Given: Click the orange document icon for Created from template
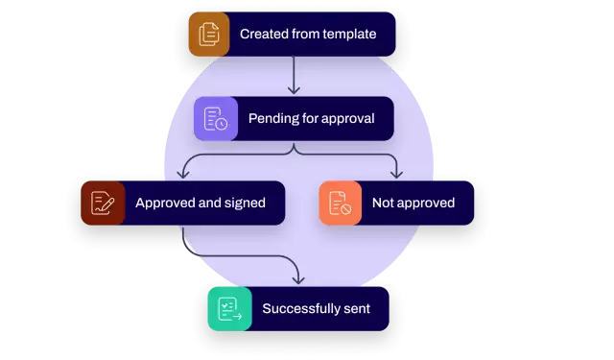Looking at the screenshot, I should [x=209, y=35].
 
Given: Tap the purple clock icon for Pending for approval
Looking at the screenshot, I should [x=216, y=119].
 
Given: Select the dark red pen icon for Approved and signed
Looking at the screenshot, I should [x=102, y=203].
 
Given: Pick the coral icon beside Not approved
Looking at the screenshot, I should [x=340, y=203].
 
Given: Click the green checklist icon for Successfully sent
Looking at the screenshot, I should [x=229, y=309].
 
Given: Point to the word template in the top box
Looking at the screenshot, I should [x=349, y=35].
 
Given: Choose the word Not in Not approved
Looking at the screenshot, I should [x=383, y=204].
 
